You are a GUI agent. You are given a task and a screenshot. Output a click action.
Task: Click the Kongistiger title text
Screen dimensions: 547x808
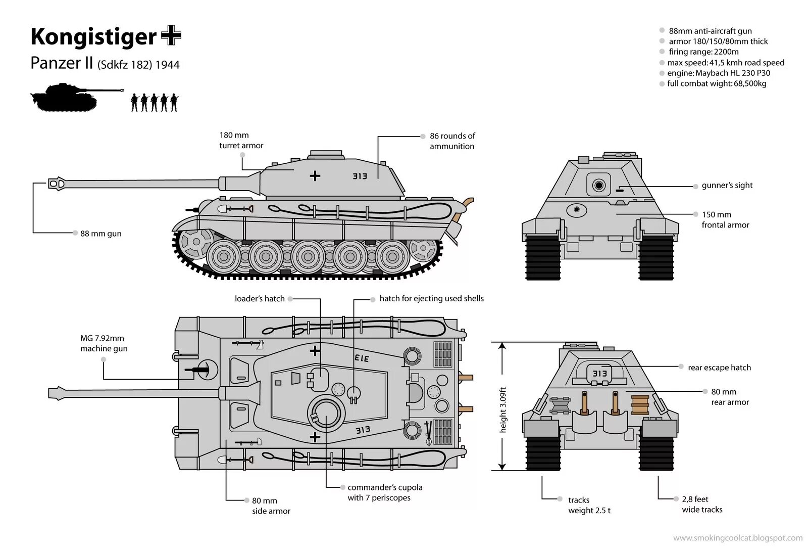tap(93, 37)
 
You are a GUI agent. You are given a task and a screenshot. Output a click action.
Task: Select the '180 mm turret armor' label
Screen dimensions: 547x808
tap(241, 140)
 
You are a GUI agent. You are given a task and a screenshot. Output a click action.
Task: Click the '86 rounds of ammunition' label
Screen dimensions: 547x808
tap(452, 141)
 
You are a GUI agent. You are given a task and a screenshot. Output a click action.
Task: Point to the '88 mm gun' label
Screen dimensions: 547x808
tap(100, 234)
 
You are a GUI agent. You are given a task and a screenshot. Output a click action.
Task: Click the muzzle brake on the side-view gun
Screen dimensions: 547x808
tap(57, 183)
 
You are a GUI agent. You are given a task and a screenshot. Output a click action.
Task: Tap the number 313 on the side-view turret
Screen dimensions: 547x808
tap(360, 176)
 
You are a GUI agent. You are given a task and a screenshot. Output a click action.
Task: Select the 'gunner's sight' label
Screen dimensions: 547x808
tap(727, 186)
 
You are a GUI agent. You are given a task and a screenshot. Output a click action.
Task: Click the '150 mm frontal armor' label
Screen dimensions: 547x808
tap(725, 220)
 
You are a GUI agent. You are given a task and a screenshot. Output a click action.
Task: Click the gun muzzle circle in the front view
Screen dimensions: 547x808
tap(598, 186)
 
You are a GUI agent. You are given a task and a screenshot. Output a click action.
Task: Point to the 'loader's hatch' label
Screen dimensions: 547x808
tap(260, 299)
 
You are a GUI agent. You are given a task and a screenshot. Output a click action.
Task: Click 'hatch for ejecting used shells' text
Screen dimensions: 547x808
tap(431, 299)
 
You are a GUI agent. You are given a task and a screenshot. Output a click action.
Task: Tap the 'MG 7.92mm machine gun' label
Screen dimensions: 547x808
tap(104, 343)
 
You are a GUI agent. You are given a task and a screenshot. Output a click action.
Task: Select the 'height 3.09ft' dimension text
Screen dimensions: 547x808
tap(502, 409)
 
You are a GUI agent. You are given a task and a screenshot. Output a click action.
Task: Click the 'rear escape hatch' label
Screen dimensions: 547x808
tap(719, 368)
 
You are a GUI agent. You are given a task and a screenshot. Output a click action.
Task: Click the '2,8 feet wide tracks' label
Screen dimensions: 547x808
tap(701, 505)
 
